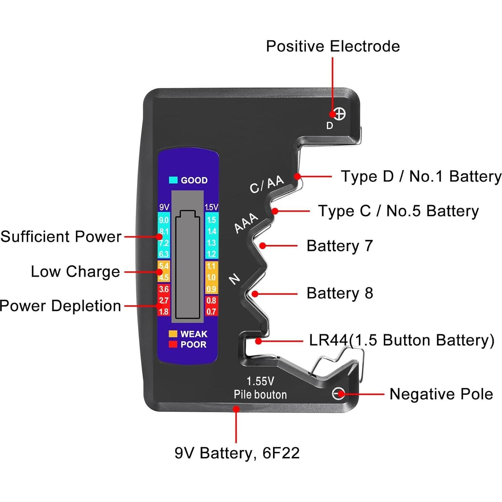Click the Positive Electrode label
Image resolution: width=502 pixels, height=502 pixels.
333,46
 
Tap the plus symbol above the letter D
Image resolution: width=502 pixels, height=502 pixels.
339,114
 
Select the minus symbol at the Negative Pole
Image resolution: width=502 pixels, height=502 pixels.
338,394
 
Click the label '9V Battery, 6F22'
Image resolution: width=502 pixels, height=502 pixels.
237,453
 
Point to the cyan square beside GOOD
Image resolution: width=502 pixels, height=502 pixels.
173,180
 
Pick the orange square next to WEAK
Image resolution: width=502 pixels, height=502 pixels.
173,334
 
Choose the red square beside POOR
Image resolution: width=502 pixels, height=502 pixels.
173,344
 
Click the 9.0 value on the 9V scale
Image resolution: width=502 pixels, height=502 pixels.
164,220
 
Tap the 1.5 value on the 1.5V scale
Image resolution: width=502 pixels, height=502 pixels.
211,220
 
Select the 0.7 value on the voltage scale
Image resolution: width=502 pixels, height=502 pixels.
211,312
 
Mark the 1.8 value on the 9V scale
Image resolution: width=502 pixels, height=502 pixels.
164,312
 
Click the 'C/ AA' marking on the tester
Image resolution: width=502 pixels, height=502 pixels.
267,184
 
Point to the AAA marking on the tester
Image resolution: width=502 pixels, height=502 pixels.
246,223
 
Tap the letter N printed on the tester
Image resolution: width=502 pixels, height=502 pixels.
234,279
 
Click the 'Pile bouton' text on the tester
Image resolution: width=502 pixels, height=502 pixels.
260,395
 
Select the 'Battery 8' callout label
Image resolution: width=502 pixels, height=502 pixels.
339,293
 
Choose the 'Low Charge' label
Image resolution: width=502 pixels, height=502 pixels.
75,272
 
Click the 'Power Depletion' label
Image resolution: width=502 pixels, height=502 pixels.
60,306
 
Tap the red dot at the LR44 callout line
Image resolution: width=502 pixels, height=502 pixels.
258,341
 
